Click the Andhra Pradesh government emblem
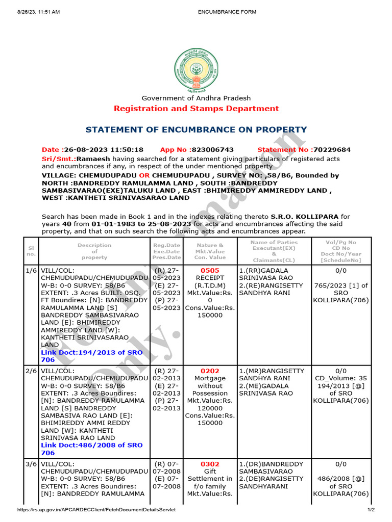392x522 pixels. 196,69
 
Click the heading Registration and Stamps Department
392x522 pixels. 196,109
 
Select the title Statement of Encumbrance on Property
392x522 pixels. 196,130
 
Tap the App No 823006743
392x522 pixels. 197,150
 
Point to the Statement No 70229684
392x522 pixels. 304,150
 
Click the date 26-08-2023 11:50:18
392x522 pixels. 92,150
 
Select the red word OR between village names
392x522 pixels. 144,175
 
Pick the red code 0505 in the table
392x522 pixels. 210,271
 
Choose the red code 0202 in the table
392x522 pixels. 210,371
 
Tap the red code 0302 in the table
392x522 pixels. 210,464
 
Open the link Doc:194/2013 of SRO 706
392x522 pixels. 92,356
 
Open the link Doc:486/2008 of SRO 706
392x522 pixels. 92,449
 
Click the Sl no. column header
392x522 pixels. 31,250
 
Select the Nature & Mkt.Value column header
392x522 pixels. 210,250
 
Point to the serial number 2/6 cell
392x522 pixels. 31,371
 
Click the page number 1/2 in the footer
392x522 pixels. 371,510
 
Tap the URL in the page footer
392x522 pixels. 96,510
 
